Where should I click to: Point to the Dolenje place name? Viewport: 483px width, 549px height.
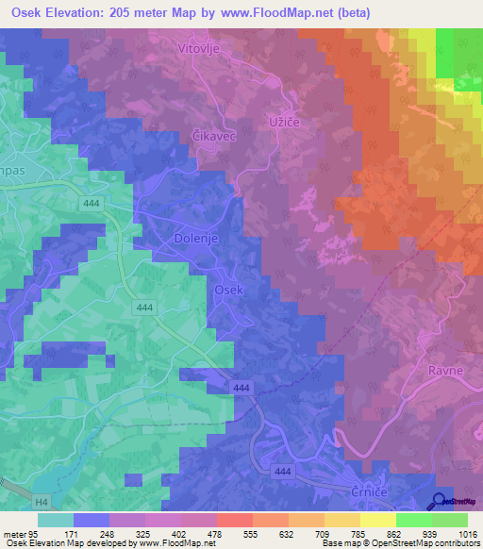[196, 239]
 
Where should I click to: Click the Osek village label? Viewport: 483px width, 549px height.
[229, 291]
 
